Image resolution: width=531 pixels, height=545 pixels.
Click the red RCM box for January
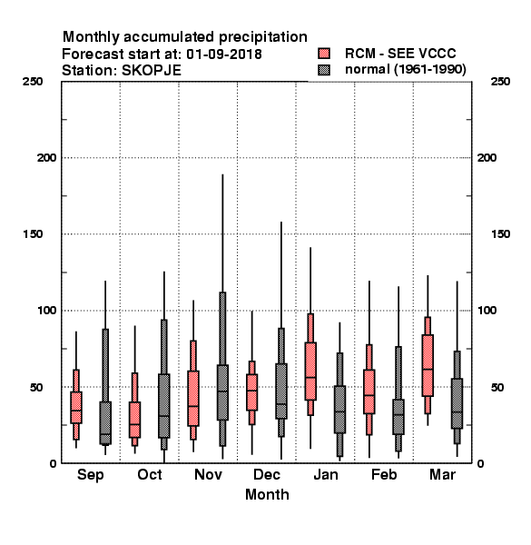pos(310,372)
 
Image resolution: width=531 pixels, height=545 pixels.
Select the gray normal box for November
pos(222,392)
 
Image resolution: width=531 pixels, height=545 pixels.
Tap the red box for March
pos(428,365)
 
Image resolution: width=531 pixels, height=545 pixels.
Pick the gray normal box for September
pos(105,422)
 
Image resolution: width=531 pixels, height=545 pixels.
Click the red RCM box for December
pos(251,392)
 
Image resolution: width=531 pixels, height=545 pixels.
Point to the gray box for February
pos(398,417)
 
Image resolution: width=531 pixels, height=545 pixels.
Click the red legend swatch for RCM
pos(324,54)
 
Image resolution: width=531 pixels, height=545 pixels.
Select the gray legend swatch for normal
pos(324,70)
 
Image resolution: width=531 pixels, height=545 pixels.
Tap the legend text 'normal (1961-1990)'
pos(405,70)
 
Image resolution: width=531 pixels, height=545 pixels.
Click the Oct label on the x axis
pos(150,474)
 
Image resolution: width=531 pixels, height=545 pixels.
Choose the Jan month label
pos(326,474)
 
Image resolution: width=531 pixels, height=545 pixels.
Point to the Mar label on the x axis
pos(442,474)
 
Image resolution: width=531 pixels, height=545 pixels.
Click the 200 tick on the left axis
pos(46,158)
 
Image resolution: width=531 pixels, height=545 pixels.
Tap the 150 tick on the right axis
pos(500,234)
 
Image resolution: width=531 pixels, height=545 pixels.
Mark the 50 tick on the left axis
pos(36,387)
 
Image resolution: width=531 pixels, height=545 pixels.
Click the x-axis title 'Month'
pos(267,495)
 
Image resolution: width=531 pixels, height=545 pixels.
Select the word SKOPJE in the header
pos(151,71)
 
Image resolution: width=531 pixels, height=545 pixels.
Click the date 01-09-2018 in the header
pos(224,54)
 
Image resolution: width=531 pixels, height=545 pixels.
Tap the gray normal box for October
pos(164,406)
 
